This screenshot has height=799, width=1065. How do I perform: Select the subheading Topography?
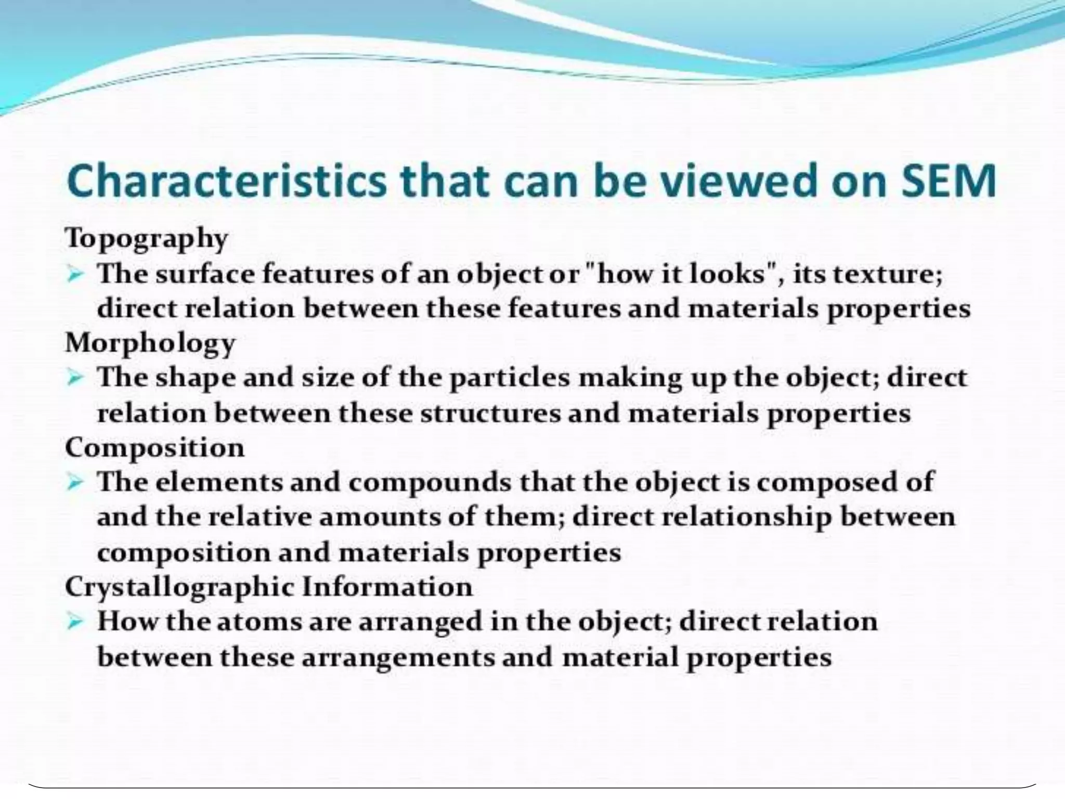coord(147,239)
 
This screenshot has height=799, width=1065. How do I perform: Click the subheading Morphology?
coord(150,343)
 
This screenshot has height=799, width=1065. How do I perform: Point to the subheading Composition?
coord(154,448)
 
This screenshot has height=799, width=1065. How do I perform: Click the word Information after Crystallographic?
coord(387,587)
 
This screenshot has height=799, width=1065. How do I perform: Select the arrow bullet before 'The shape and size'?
coord(76,378)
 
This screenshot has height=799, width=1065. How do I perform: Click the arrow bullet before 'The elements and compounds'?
coord(76,483)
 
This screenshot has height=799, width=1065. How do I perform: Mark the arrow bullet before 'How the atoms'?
coord(76,622)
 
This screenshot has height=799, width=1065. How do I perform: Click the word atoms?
coord(259,622)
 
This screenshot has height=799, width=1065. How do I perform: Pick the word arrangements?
coord(398,658)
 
